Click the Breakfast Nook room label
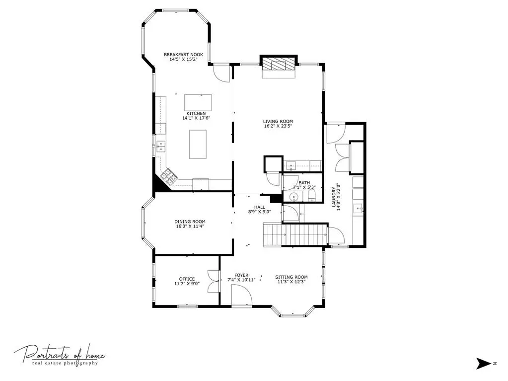(183, 55)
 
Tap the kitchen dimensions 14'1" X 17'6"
(196, 118)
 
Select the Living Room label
(278, 122)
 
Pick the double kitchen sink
(160, 147)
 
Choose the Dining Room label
(190, 222)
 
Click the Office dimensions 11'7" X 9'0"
(187, 284)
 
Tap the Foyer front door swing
(242, 296)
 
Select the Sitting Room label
(291, 277)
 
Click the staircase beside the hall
(295, 234)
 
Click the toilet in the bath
(312, 195)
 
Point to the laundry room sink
(358, 208)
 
